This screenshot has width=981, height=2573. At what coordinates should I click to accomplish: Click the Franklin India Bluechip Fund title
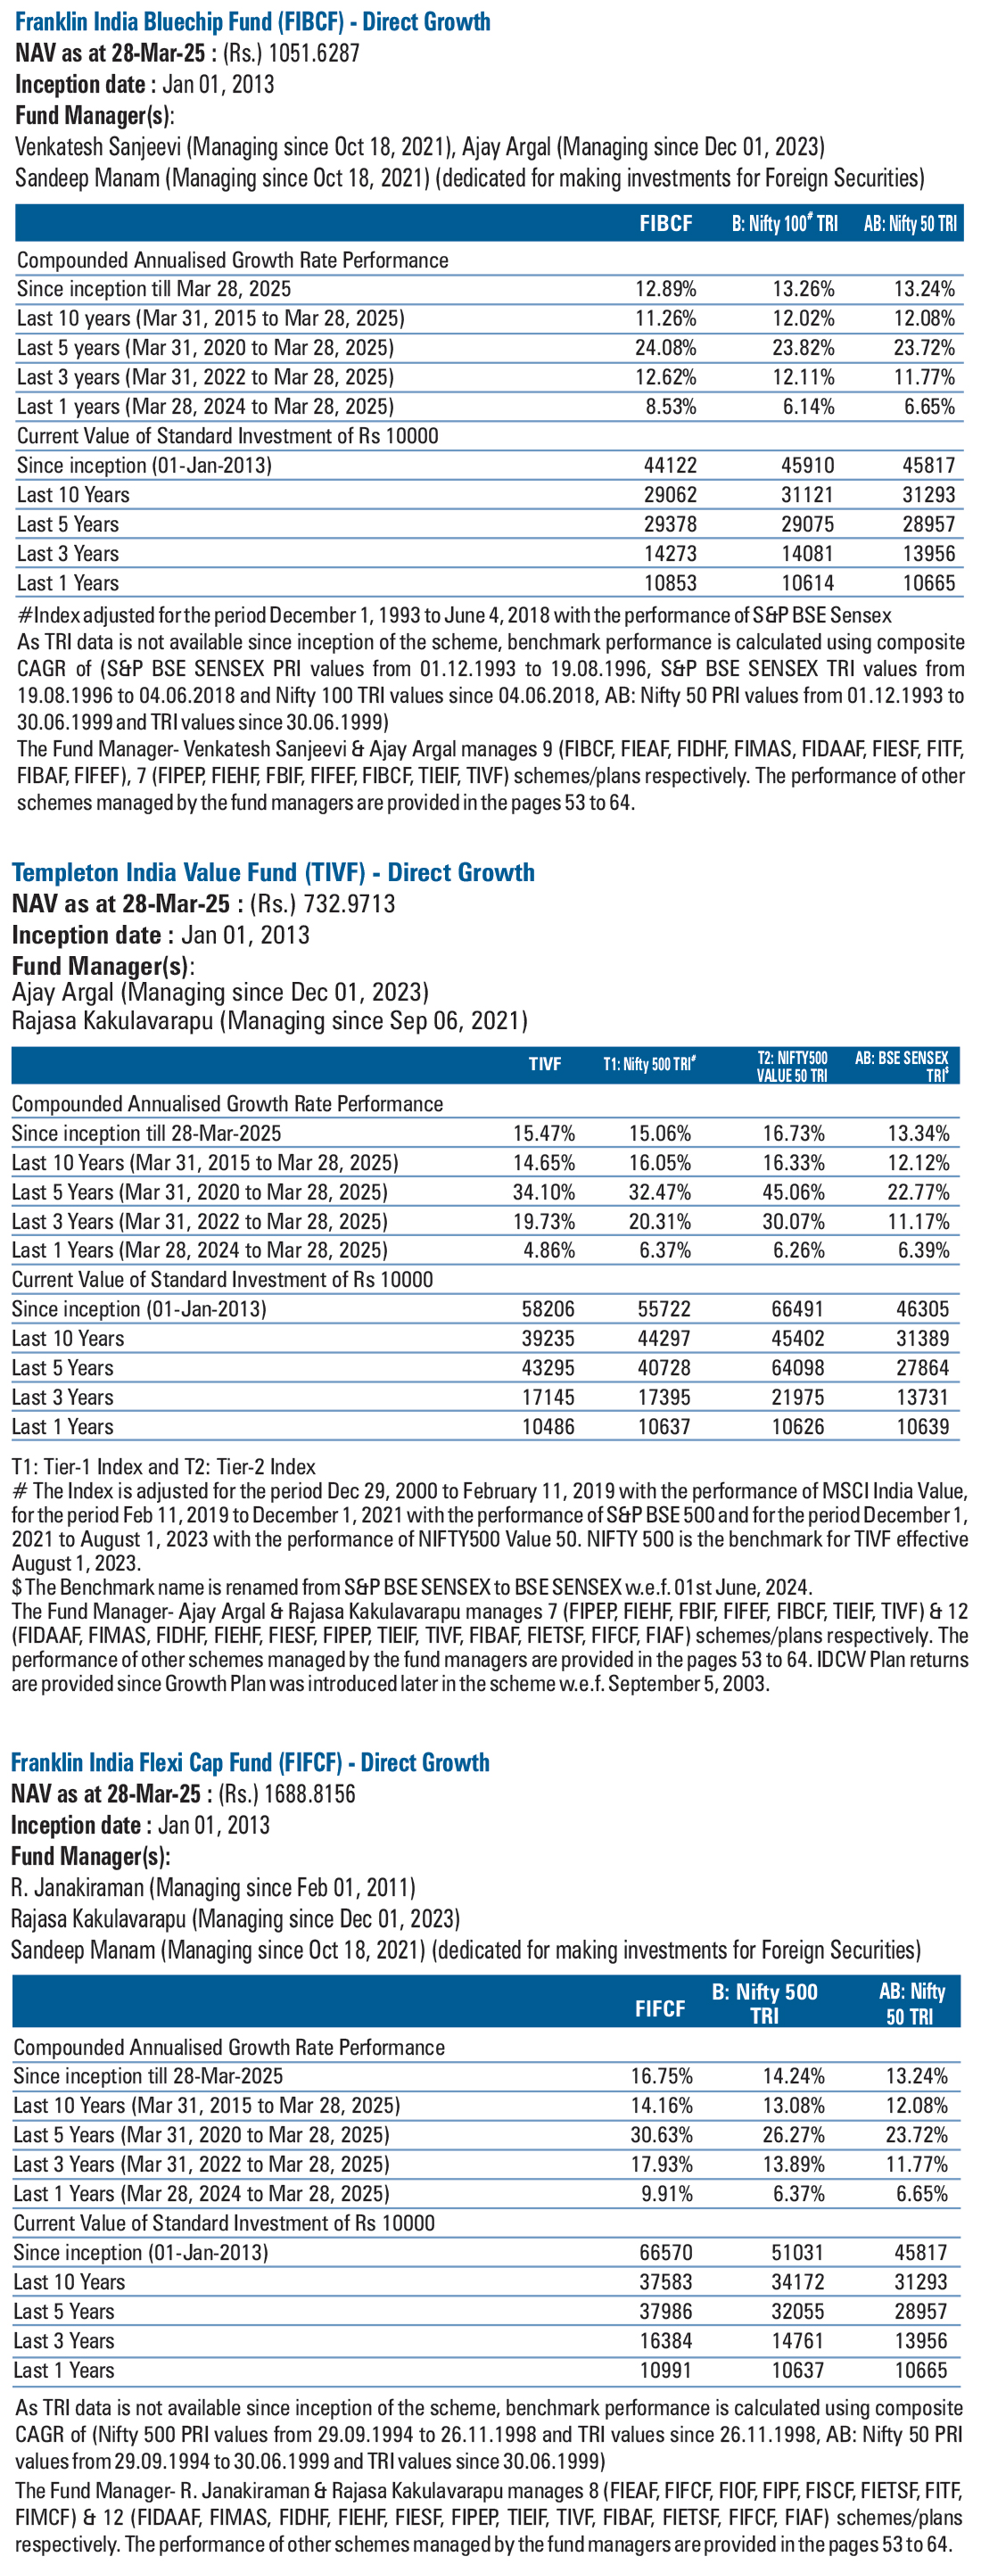[252, 21]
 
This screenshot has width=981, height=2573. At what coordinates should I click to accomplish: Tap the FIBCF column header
[665, 224]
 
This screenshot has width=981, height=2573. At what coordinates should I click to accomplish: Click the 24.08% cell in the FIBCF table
[665, 348]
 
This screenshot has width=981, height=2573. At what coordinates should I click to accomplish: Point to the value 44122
[670, 466]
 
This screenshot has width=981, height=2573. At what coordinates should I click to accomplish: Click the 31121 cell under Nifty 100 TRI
[807, 494]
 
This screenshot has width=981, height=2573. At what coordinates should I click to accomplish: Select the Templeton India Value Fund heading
[273, 872]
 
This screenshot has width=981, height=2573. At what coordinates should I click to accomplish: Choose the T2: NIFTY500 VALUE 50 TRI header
[792, 1067]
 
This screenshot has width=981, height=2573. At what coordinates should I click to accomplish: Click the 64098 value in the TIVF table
[798, 1367]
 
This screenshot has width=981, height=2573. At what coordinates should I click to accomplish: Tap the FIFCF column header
[660, 2008]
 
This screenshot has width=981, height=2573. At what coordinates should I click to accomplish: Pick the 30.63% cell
[662, 2134]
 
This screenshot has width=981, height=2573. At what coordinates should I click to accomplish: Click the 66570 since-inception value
[665, 2252]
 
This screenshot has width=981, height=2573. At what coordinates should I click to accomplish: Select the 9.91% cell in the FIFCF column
[666, 2193]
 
